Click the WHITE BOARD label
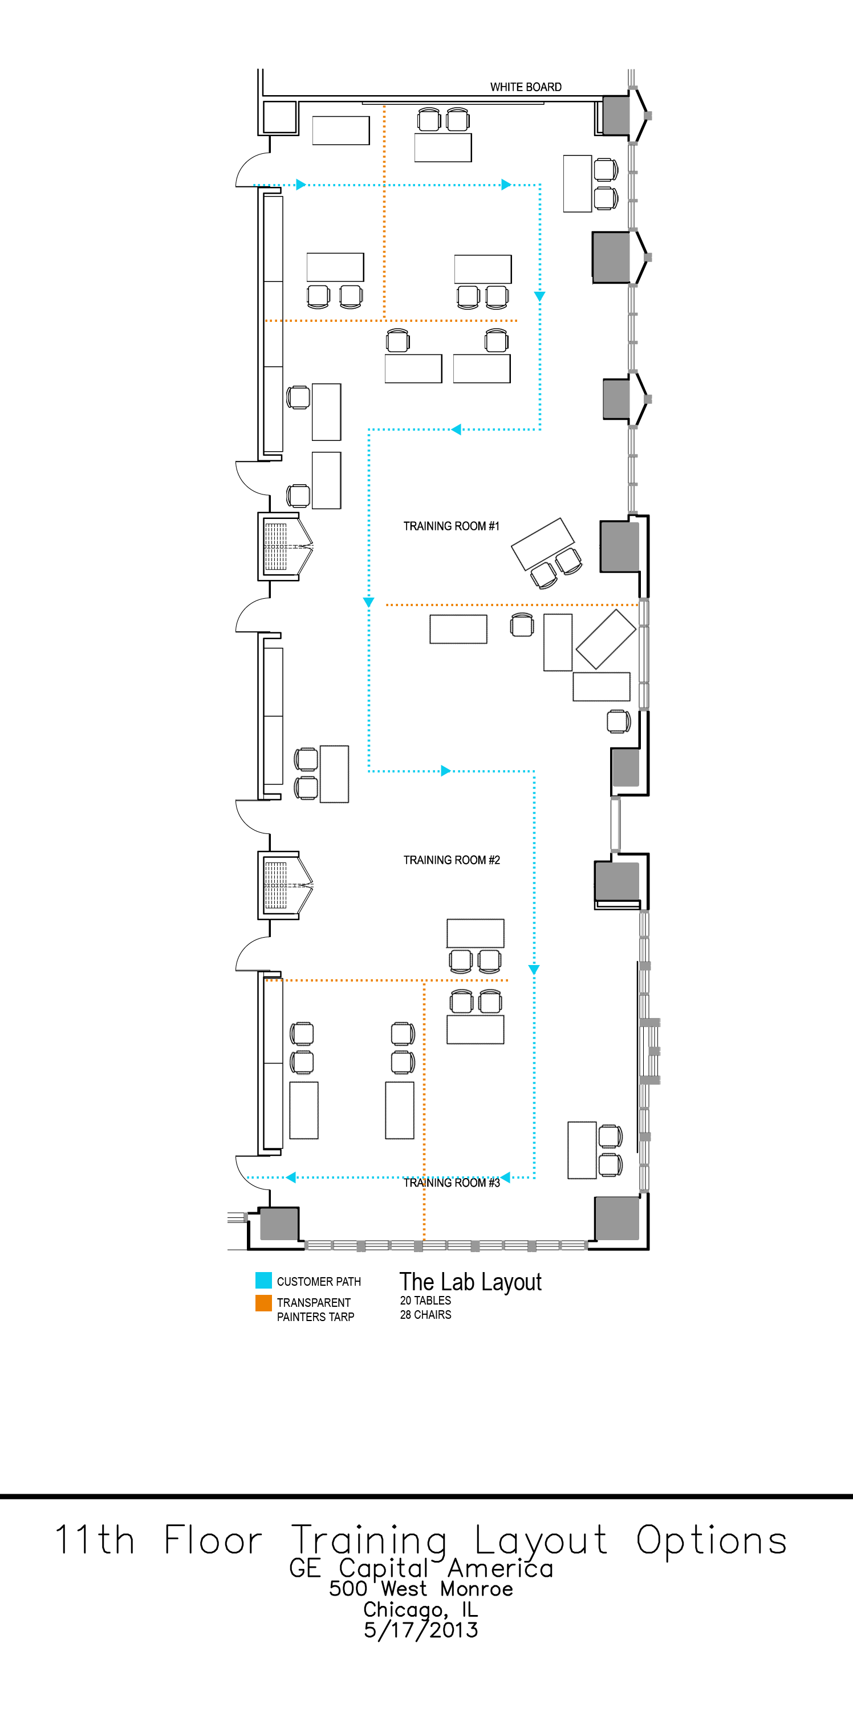(526, 87)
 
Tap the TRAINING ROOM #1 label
(452, 526)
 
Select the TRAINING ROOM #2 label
(452, 860)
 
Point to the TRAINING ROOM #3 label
(452, 1183)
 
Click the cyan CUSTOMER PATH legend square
(263, 1280)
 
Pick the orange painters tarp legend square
(263, 1303)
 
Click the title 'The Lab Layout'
(470, 1282)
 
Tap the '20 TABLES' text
(425, 1301)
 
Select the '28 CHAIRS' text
(425, 1314)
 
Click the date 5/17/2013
(421, 1630)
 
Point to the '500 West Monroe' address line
(421, 1588)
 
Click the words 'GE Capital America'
(421, 1568)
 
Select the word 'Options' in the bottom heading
(712, 1539)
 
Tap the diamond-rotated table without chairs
(606, 639)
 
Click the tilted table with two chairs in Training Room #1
(543, 544)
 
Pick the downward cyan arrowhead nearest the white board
(539, 297)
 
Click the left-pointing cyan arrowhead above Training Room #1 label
(456, 429)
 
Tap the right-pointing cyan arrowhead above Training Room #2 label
(446, 770)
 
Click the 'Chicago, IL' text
(421, 1609)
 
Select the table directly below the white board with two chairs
(443, 148)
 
